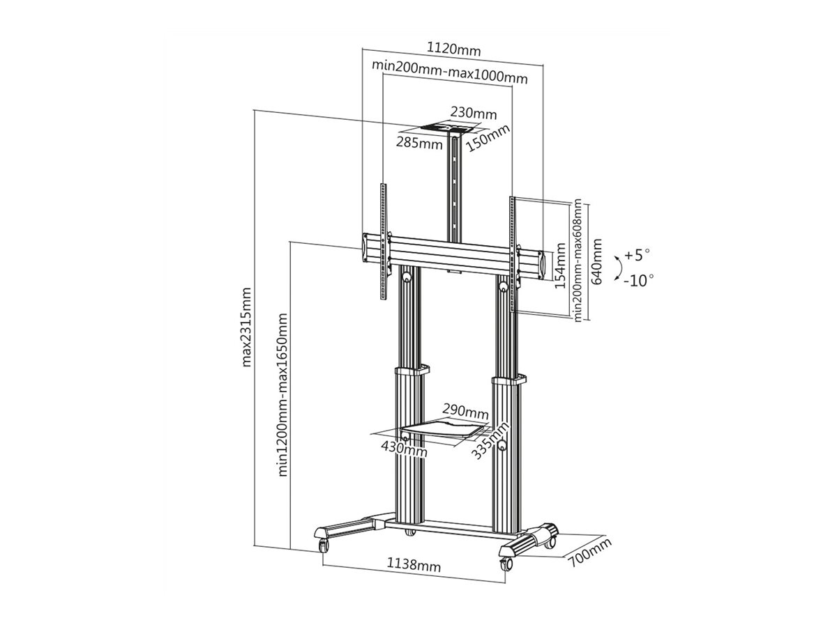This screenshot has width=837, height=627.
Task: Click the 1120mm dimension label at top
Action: (x=453, y=49)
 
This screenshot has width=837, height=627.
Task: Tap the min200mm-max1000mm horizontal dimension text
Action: (x=450, y=66)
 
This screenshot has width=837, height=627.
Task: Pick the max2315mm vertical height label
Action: (x=246, y=327)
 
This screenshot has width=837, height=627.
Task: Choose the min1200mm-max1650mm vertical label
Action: (x=283, y=394)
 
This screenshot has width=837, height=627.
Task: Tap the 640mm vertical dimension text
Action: (x=596, y=259)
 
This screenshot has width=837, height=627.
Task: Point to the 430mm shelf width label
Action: (x=405, y=447)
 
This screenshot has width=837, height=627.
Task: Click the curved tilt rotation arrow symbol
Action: (x=615, y=268)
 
